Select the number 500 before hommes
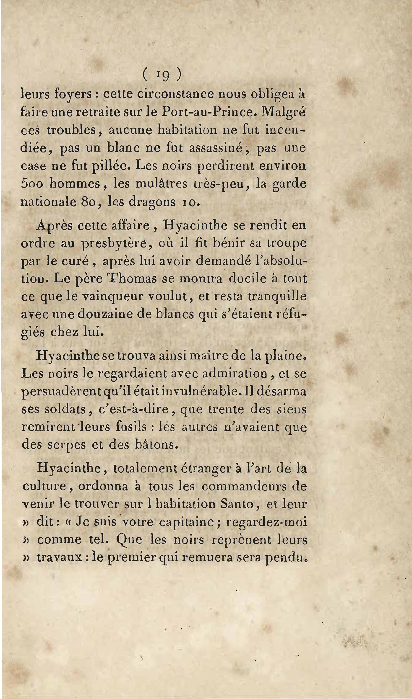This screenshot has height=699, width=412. (x=32, y=184)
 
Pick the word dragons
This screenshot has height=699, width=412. (x=152, y=202)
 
